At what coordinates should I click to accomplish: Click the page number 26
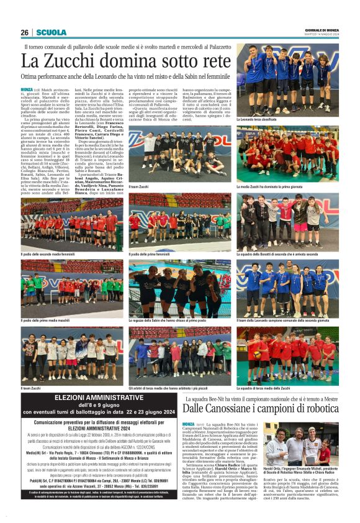point(25,33)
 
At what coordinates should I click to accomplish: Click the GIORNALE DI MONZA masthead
point(322,30)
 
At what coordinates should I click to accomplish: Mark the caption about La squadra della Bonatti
point(277,253)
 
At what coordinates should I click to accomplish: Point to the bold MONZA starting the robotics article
point(188,424)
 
